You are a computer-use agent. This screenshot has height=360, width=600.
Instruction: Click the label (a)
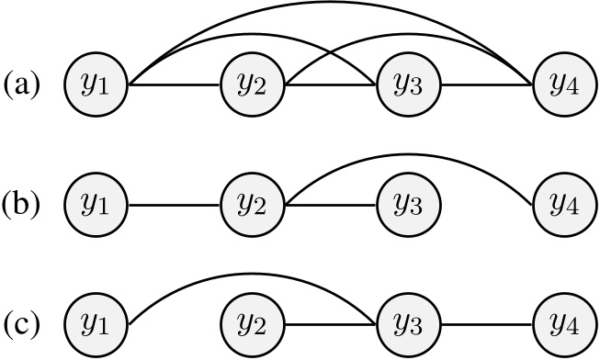coord(21,87)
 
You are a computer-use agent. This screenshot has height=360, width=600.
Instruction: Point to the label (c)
coord(21,324)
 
